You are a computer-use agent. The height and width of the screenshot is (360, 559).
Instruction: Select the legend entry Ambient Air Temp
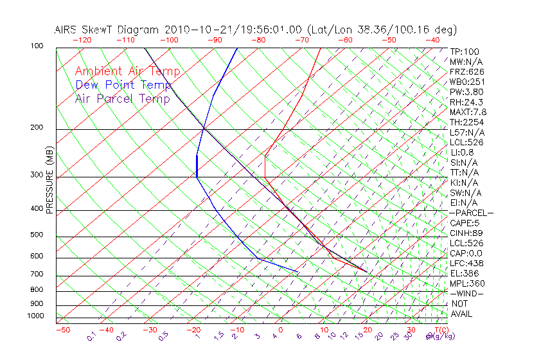128,71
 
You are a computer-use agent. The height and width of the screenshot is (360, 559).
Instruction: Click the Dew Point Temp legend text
123,85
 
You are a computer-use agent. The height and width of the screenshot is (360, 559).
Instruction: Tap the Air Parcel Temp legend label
123,98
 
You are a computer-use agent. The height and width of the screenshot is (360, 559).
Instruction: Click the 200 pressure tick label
37,127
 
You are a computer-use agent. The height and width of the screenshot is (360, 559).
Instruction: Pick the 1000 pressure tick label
35,316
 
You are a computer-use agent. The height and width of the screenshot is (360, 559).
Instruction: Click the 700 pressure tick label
37,274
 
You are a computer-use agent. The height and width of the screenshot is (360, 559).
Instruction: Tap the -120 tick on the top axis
82,39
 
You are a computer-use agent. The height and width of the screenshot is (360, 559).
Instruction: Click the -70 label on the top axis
301,39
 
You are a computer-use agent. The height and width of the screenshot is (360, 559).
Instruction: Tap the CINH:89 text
466,233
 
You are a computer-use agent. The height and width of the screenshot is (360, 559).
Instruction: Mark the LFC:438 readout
467,264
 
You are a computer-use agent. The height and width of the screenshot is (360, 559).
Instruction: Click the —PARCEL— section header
471,213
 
